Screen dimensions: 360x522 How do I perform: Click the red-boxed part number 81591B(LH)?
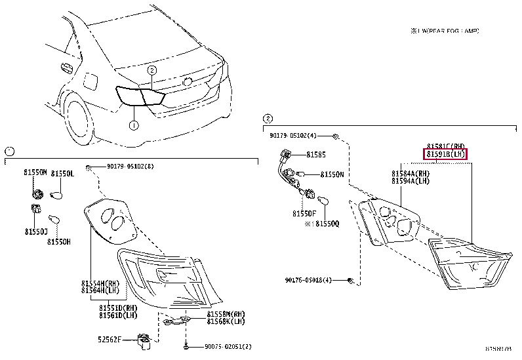click(x=446, y=154)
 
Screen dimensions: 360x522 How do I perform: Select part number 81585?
click(x=315, y=155)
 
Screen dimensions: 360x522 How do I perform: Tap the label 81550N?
click(x=332, y=175)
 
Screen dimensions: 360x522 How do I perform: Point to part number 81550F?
click(x=304, y=214)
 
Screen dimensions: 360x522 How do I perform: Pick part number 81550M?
click(x=36, y=173)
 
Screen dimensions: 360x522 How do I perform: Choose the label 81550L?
click(x=63, y=173)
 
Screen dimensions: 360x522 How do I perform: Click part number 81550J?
click(x=36, y=231)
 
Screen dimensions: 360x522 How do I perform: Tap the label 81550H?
click(x=58, y=241)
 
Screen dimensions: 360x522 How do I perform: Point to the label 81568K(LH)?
click(x=226, y=322)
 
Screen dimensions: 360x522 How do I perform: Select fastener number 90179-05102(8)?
click(x=130, y=166)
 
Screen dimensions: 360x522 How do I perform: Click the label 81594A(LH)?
click(x=410, y=180)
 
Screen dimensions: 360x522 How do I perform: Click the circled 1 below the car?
click(x=133, y=125)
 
